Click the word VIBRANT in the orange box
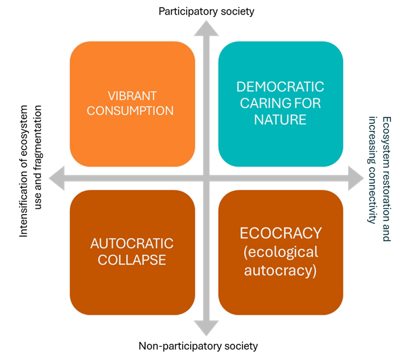pyautogui.click(x=132, y=95)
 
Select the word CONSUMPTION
pyautogui.click(x=130, y=110)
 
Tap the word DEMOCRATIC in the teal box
pyautogui.click(x=280, y=87)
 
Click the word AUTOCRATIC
pyautogui.click(x=132, y=243)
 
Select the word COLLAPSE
pyautogui.click(x=132, y=259)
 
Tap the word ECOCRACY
pyautogui.click(x=280, y=233)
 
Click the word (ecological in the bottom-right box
pyautogui.click(x=280, y=252)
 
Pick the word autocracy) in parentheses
pyautogui.click(x=280, y=270)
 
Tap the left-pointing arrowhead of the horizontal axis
pyautogui.click(x=57, y=179)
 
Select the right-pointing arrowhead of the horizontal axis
pyautogui.click(x=355, y=179)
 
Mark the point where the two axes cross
pyautogui.click(x=206, y=179)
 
